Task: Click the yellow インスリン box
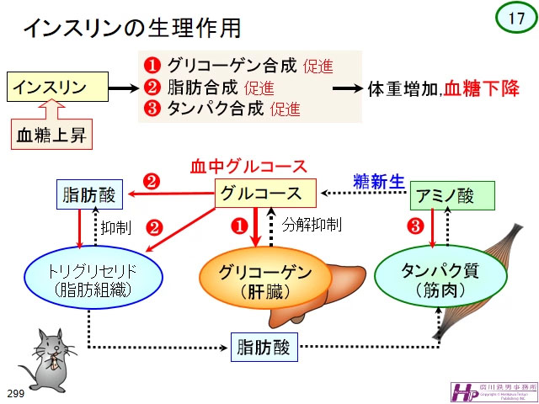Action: click(x=59, y=86)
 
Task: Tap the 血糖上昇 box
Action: click(x=59, y=134)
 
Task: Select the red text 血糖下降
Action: click(x=481, y=87)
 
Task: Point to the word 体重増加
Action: click(x=401, y=88)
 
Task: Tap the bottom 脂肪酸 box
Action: click(x=264, y=346)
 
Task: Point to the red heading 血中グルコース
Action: click(x=260, y=166)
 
